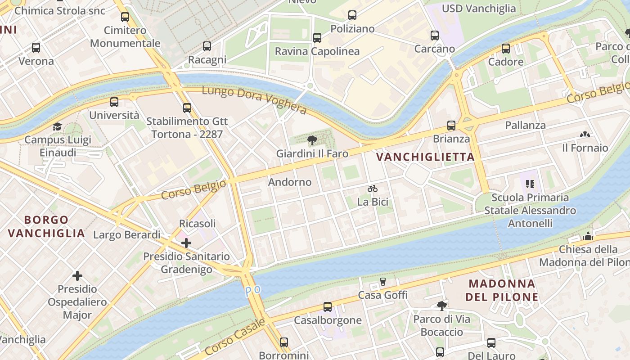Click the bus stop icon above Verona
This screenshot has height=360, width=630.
36,47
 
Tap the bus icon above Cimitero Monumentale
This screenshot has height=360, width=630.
125,17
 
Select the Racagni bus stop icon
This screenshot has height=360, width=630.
207,46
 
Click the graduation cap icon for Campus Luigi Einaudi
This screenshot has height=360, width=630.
57,126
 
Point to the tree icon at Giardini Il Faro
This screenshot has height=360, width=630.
312,140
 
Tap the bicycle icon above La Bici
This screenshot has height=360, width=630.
373,189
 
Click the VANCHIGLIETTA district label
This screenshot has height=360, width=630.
425,157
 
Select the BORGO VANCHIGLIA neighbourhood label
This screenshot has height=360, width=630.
46,226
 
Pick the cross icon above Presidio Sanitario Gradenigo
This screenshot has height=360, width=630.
186,243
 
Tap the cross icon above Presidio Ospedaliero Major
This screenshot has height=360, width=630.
77,275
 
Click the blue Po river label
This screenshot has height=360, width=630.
253,291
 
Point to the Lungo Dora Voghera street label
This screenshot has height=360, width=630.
254,99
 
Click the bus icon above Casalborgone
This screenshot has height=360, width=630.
328,307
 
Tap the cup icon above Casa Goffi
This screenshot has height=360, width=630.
383,282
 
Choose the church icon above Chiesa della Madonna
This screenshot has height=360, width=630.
588,236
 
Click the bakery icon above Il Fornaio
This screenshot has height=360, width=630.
585,135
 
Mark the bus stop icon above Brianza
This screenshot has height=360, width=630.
451,126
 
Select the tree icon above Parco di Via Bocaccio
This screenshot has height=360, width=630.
441,306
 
